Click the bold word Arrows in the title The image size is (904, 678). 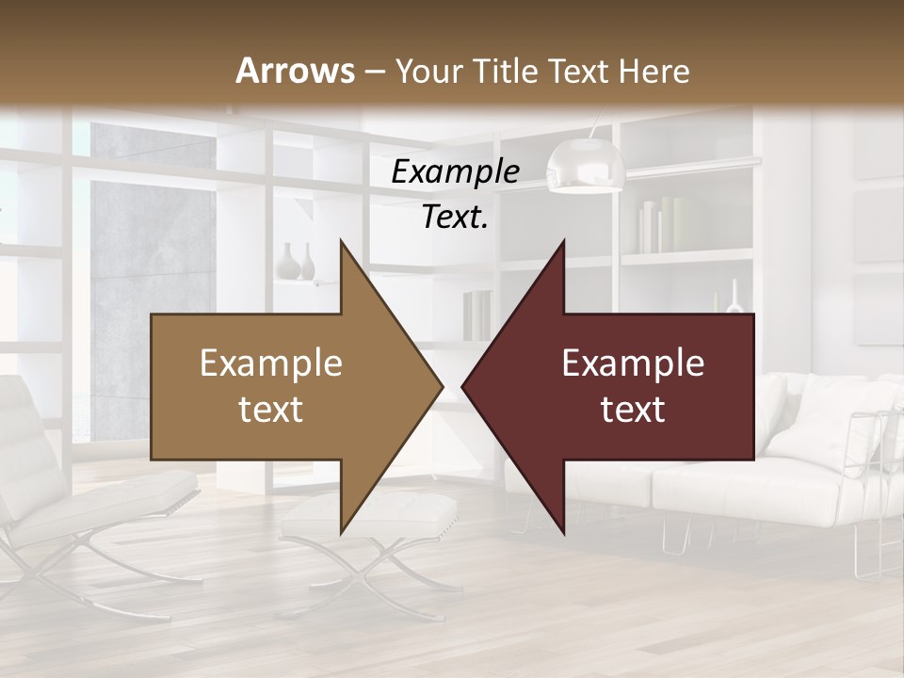click(296, 71)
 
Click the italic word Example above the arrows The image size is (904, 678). click(455, 172)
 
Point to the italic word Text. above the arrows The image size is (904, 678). click(455, 218)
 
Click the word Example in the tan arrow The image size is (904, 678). click(271, 363)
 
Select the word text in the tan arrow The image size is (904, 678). click(271, 410)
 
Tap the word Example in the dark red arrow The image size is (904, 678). click(633, 363)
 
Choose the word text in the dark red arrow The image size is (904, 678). click(633, 410)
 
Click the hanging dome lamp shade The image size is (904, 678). click(586, 167)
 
